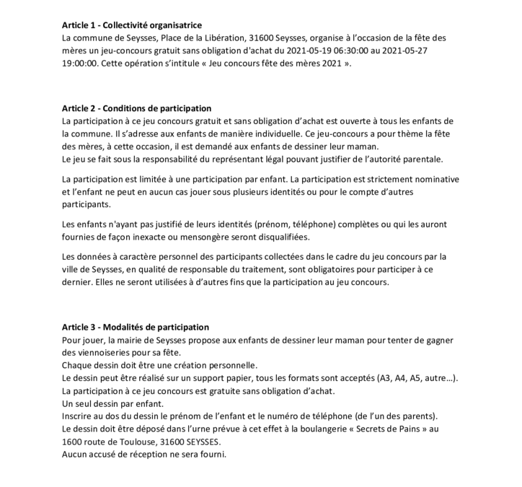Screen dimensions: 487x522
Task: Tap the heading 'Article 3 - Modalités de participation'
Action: (136, 327)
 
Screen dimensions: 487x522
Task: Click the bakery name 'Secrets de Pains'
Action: (379, 429)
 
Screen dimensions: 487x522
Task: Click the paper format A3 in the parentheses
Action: (386, 378)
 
